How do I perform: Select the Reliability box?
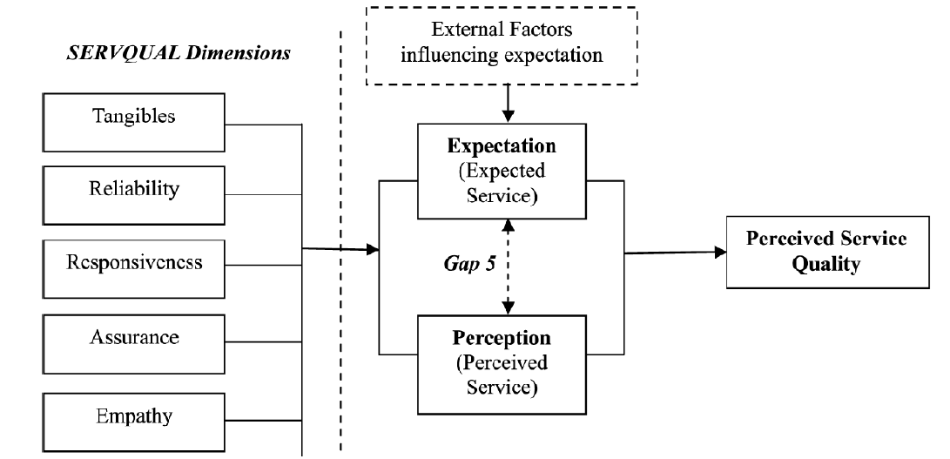[131, 190]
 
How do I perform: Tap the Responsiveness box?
[131, 262]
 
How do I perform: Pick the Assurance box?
[131, 336]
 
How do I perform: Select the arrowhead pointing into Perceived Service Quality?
[721, 252]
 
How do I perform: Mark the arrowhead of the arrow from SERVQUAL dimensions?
[374, 251]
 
